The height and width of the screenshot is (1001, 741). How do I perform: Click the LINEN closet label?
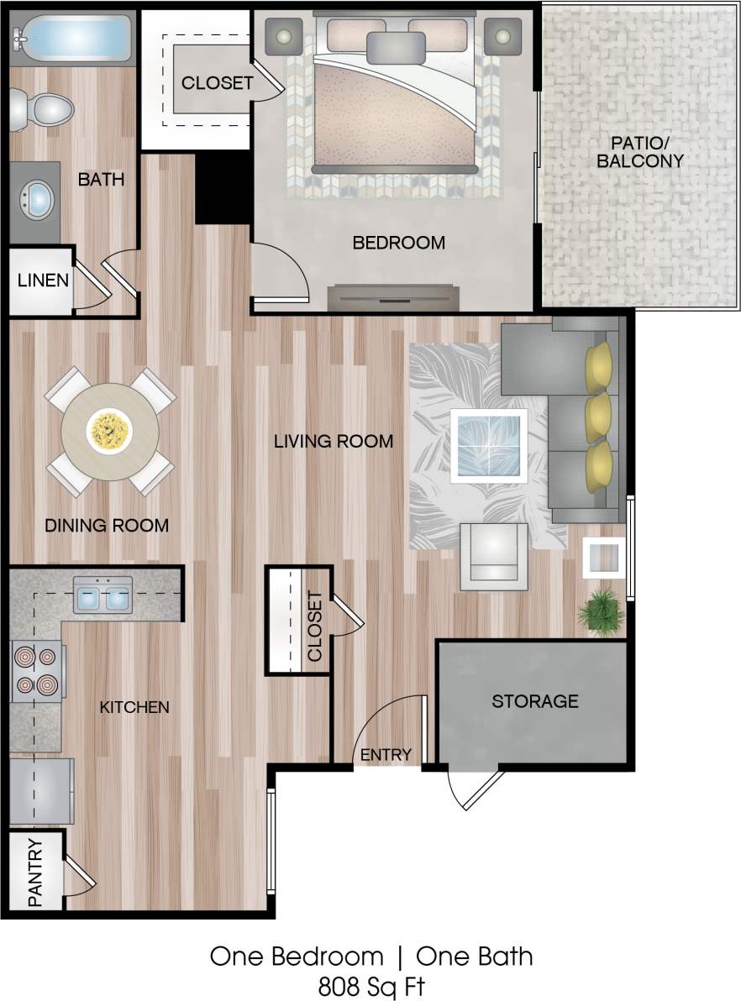pos(43,280)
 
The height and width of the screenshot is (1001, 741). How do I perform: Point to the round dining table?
pos(110,432)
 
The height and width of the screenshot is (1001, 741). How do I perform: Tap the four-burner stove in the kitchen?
pos(38,671)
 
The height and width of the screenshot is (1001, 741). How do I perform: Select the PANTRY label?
pos(36,873)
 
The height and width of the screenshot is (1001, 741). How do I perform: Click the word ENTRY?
pos(386,754)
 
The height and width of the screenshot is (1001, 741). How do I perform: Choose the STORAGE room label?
pos(534,700)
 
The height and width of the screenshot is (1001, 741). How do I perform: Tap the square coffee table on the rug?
pos(488,446)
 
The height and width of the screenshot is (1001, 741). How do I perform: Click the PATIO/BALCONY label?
pos(639,151)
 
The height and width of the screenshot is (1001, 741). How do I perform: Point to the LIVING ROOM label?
pos(334,441)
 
